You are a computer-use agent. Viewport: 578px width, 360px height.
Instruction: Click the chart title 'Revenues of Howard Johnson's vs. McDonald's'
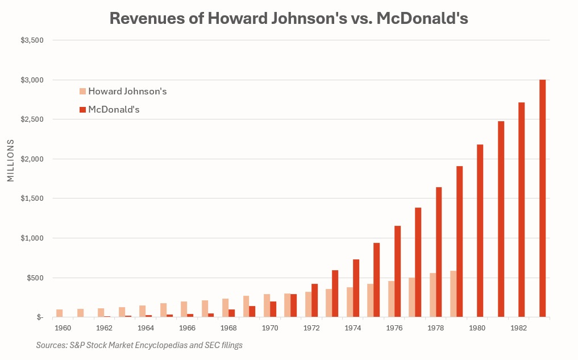pyautogui.click(x=289, y=18)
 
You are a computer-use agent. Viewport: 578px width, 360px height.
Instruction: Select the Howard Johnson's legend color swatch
pyautogui.click(x=82, y=91)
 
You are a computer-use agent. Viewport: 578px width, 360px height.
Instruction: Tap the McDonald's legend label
pyautogui.click(x=114, y=109)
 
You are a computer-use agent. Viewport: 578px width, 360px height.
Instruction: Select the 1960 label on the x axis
pyautogui.click(x=63, y=328)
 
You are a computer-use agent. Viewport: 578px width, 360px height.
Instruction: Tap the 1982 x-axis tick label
pyautogui.click(x=518, y=328)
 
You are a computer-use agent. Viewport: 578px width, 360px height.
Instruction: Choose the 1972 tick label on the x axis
pyautogui.click(x=311, y=328)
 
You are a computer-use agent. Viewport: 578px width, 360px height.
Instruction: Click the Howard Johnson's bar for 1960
pyautogui.click(x=60, y=313)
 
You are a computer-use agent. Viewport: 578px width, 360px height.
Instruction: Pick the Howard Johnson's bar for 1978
pyautogui.click(x=433, y=295)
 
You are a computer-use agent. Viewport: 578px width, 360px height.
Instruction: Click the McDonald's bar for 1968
pyautogui.click(x=231, y=313)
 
